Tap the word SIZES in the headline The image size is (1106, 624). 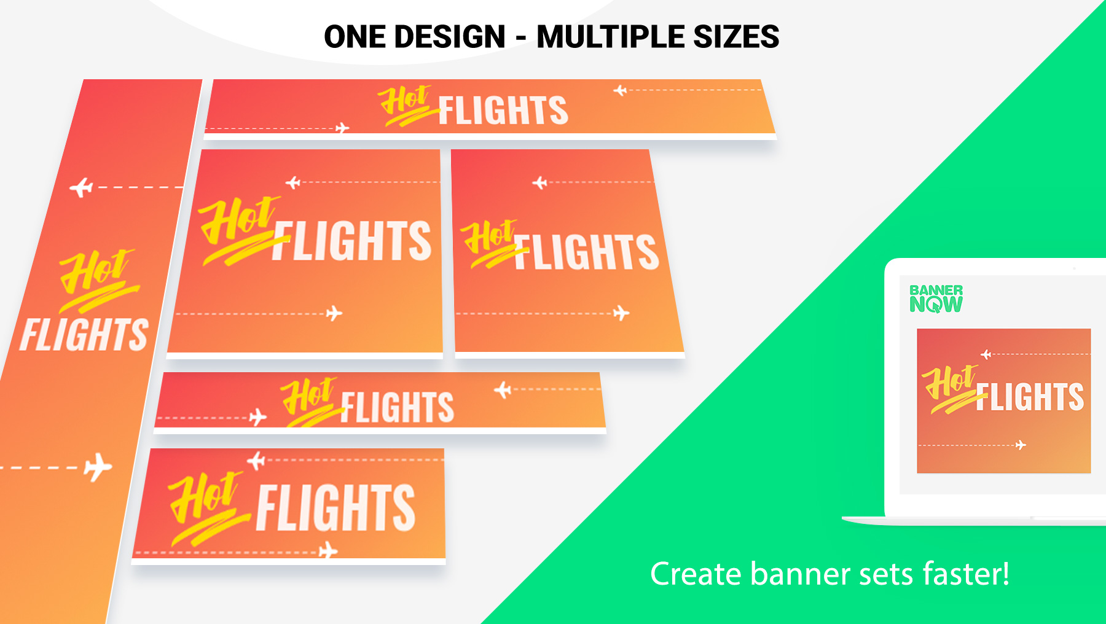coord(736,37)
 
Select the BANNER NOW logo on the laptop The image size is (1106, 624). coord(936,298)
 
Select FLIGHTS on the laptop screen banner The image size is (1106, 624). coord(1030,396)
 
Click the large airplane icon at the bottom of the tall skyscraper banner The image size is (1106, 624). coord(98,467)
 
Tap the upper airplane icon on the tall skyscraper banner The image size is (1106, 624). coord(81,187)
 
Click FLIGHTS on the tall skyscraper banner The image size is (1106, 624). coord(84,334)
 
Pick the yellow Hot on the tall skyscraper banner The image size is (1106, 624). coord(98,279)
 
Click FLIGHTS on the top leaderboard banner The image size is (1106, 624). coord(503,111)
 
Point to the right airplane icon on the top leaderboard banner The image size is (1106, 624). coord(621,91)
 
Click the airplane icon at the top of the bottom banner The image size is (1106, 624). coord(256,460)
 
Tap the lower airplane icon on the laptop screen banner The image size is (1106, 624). coord(1021,445)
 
